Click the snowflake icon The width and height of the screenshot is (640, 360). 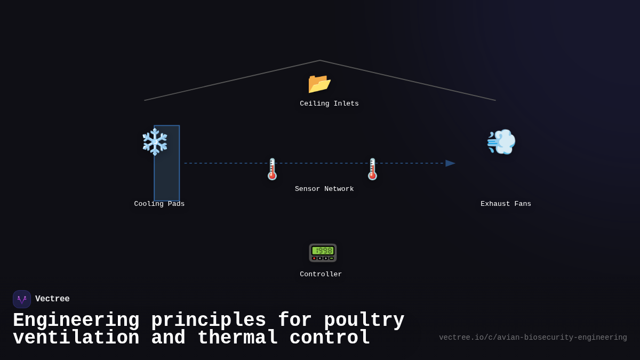click(x=155, y=142)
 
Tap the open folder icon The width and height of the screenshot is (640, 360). click(x=319, y=84)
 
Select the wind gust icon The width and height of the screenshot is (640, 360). click(x=501, y=142)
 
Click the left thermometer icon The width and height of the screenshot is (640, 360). click(x=272, y=169)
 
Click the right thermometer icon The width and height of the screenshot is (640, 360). click(x=372, y=169)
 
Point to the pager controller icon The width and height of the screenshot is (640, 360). click(x=323, y=253)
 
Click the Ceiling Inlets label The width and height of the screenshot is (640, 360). click(x=329, y=103)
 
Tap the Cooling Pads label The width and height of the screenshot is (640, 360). click(x=159, y=204)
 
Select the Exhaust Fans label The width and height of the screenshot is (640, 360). click(x=506, y=204)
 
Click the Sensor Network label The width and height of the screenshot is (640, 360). click(x=324, y=189)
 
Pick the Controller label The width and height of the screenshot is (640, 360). click(x=321, y=274)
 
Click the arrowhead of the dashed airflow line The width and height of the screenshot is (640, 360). click(x=450, y=163)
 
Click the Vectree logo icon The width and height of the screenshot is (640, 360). click(x=22, y=299)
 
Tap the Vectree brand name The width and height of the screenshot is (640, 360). click(x=52, y=299)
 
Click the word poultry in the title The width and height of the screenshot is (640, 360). click(x=364, y=321)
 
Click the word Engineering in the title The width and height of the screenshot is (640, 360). click(x=76, y=321)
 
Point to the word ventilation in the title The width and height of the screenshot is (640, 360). click(x=76, y=338)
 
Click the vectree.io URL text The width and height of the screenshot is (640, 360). click(x=533, y=338)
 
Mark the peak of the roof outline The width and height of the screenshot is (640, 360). click(x=320, y=60)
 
